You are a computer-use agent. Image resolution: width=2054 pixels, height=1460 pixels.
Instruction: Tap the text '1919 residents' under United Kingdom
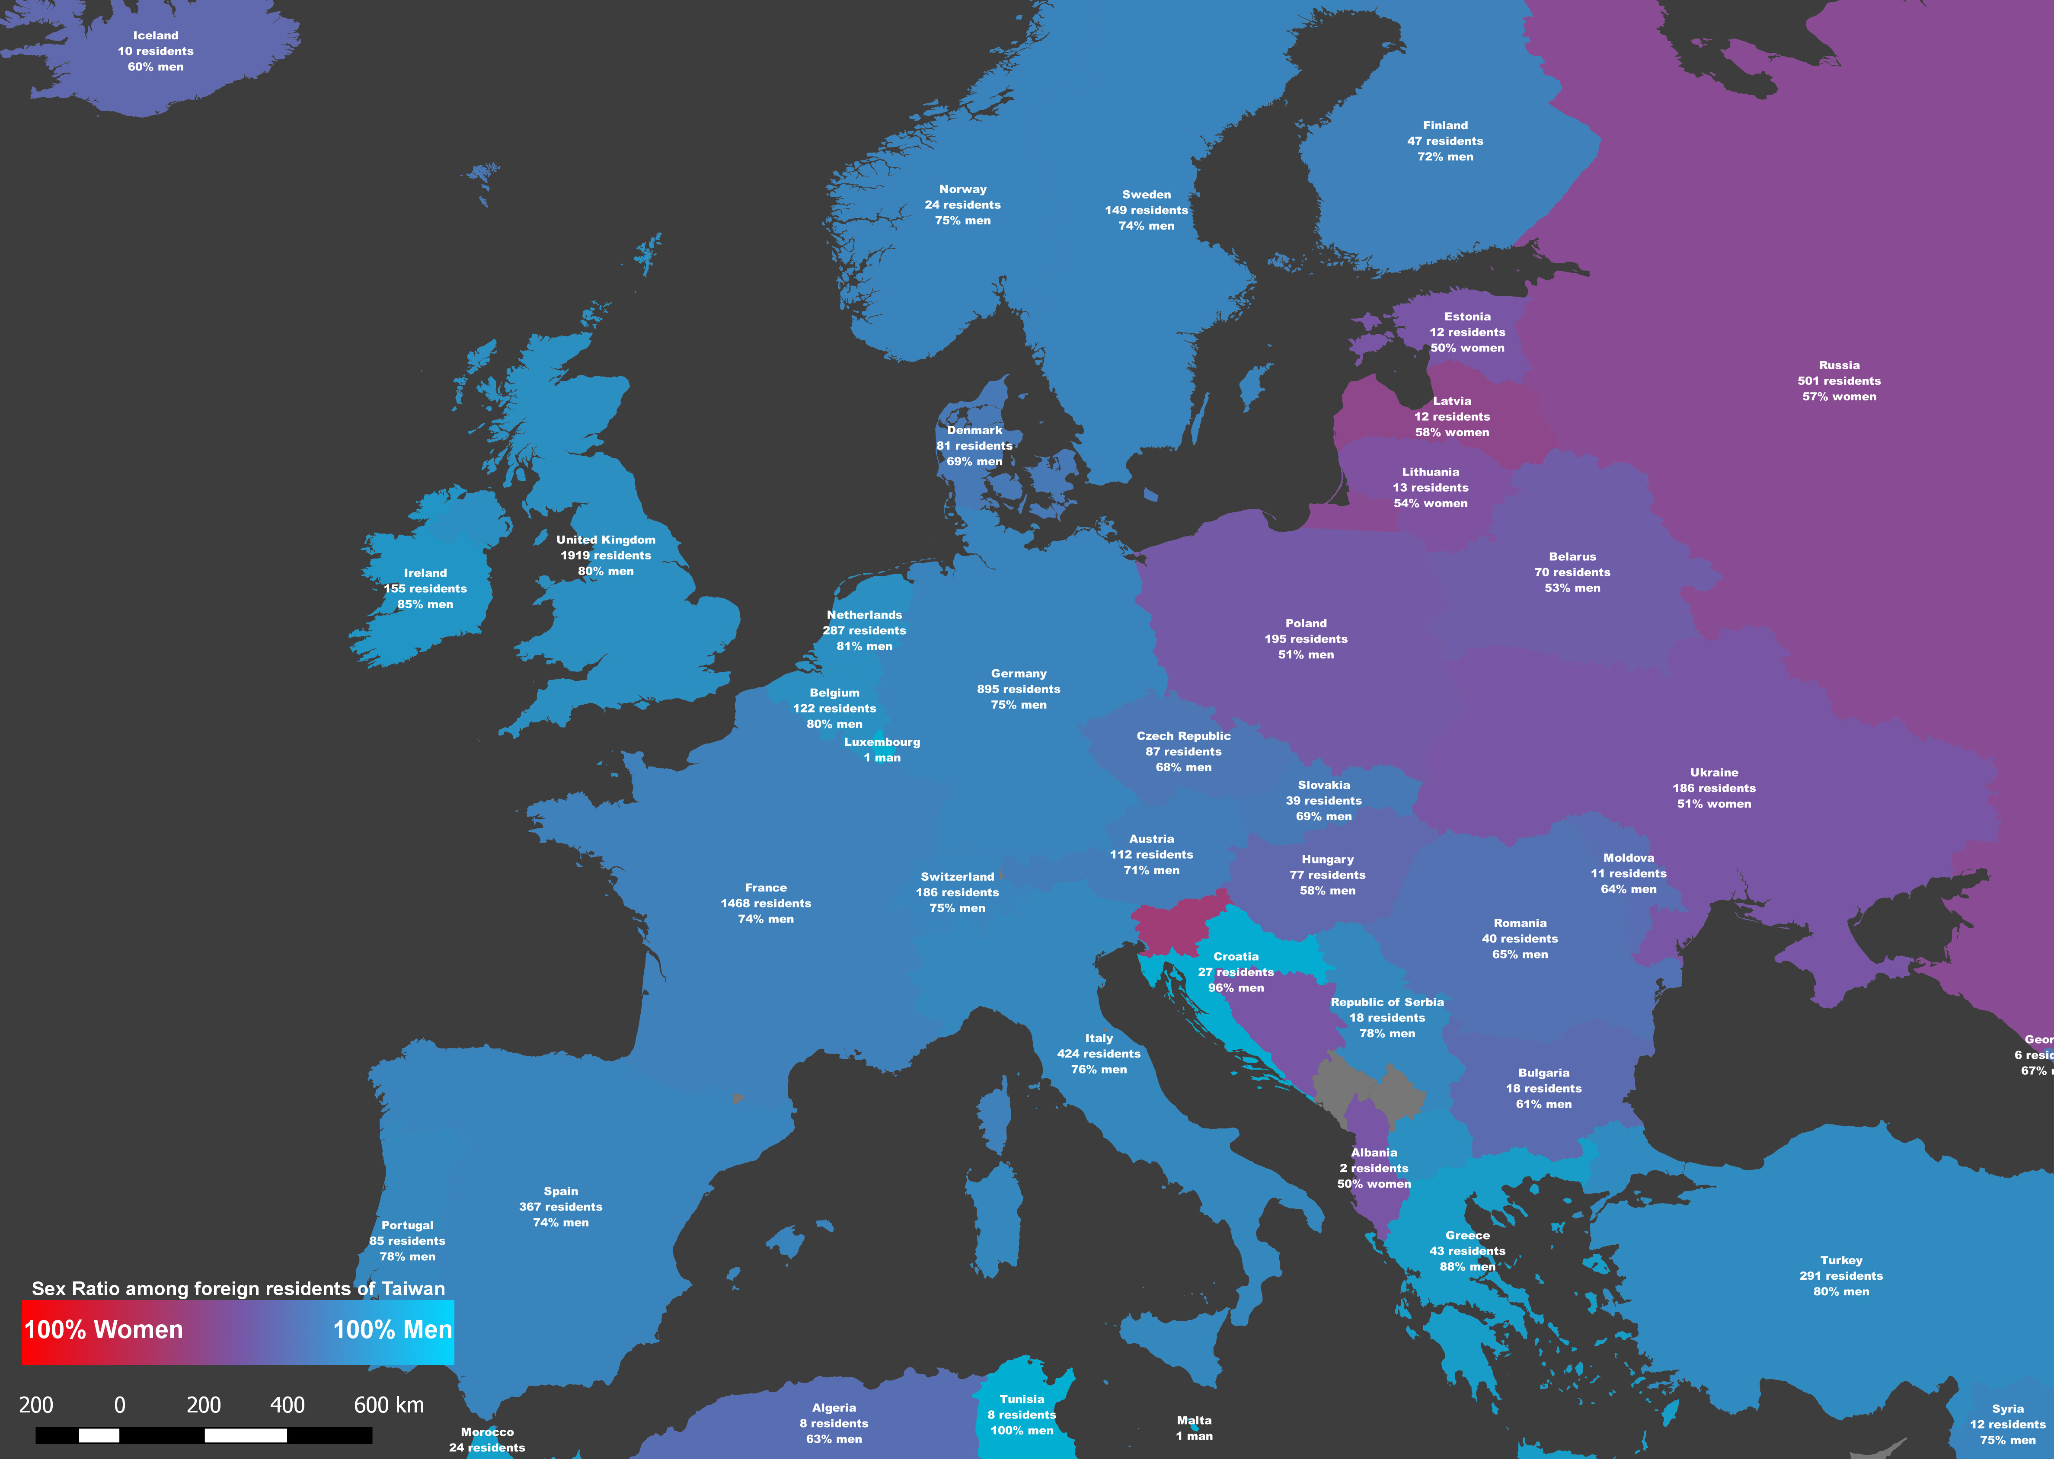coord(606,556)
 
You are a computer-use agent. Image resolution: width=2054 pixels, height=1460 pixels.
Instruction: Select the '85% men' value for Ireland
coord(425,604)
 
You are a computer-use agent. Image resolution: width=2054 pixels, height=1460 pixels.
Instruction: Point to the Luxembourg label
coord(882,742)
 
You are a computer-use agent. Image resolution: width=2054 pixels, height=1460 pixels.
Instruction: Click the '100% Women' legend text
coord(103,1329)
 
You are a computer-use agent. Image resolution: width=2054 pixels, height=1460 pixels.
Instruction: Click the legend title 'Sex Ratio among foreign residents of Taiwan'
coord(238,1288)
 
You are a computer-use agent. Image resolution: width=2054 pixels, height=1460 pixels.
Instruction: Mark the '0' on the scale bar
coord(120,1404)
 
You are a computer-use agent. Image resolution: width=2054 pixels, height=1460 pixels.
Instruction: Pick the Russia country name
coord(1839,365)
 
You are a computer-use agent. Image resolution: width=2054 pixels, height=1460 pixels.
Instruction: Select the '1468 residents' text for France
coord(766,904)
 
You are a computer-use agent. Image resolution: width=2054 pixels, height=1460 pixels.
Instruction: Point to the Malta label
coord(1194,1421)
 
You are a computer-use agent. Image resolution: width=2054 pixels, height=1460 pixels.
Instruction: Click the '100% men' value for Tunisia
coord(1022,1430)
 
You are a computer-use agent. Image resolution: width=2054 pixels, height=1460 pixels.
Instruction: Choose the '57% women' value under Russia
coord(1839,396)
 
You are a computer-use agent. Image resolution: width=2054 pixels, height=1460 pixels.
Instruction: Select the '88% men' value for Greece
coord(1467,1267)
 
